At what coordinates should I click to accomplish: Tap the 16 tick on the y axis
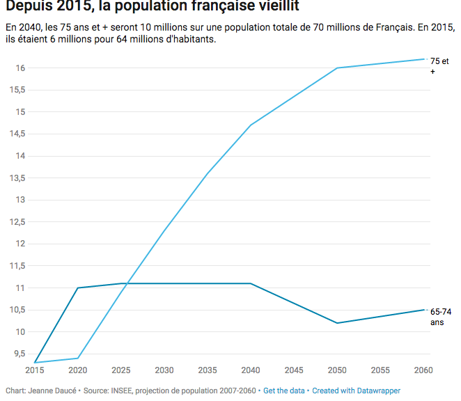point(21,68)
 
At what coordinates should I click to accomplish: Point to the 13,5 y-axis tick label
point(17,178)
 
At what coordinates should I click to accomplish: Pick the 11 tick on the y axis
point(22,288)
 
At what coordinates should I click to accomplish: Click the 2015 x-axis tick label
point(34,370)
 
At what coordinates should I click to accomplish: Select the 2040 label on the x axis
point(251,370)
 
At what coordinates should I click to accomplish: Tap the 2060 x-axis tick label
point(424,370)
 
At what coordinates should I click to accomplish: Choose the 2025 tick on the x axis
point(121,370)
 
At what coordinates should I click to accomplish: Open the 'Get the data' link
point(284,391)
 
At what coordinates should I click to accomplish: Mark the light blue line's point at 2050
point(338,68)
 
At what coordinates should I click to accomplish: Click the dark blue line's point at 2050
point(338,323)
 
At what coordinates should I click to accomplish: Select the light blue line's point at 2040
point(251,125)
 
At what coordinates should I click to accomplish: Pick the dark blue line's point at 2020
point(77,288)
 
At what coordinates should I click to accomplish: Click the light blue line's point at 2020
point(77,359)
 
